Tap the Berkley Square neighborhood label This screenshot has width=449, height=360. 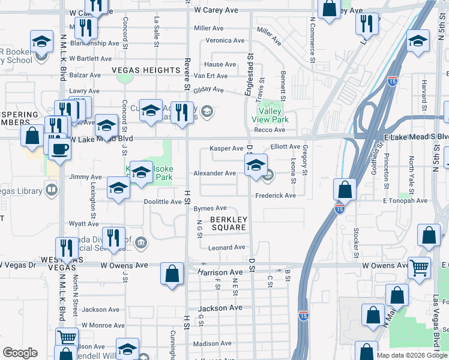[x=228, y=224]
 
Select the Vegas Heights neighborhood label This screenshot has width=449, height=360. [x=146, y=70]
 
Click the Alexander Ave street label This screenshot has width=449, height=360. [x=214, y=173]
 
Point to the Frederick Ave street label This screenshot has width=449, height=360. [x=276, y=196]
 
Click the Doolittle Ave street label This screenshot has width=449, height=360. [x=163, y=202]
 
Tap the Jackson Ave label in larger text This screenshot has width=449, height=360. [x=220, y=308]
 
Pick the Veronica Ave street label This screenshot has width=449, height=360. [x=225, y=41]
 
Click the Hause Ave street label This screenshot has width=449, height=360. [x=220, y=65]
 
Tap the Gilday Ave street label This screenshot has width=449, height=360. [x=208, y=90]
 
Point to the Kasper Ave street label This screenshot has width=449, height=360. [x=226, y=148]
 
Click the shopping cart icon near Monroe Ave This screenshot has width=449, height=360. [x=67, y=338]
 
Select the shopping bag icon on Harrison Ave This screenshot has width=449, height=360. [x=172, y=274]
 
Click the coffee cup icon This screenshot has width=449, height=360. [x=59, y=148]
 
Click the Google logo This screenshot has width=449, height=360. [x=20, y=352]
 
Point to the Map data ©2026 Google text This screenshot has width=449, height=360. [x=411, y=355]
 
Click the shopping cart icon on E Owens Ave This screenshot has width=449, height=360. [x=419, y=267]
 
